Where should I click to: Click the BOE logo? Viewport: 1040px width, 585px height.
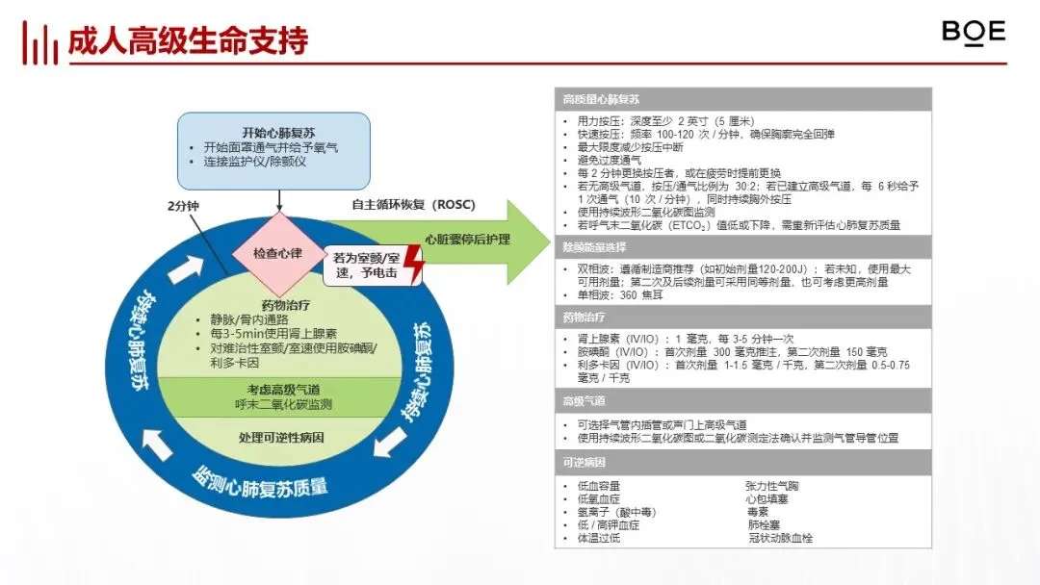(x=974, y=33)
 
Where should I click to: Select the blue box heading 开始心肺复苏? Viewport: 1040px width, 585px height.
(x=273, y=132)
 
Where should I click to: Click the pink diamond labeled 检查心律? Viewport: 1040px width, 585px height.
(x=278, y=253)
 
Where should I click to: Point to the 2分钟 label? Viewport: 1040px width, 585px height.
(x=182, y=206)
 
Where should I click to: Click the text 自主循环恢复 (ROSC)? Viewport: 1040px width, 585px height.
(x=413, y=205)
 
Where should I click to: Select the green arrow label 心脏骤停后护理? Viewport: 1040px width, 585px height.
(x=468, y=240)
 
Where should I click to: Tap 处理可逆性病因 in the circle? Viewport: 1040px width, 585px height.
(x=281, y=438)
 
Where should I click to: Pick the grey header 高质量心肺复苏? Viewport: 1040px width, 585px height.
(x=602, y=99)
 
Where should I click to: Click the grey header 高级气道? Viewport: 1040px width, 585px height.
(x=585, y=400)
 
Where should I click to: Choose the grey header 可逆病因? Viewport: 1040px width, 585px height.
(x=585, y=463)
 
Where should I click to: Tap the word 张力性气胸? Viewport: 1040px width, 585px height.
(x=771, y=486)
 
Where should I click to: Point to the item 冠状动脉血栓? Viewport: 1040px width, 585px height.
(x=780, y=538)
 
